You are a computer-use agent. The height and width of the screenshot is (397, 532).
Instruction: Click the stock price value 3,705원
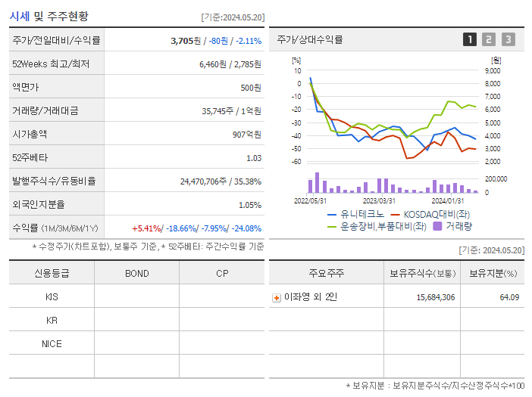coord(187,41)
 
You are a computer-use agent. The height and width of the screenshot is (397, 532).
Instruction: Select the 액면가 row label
coord(26,88)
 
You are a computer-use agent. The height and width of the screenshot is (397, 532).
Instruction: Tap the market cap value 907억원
coord(247,135)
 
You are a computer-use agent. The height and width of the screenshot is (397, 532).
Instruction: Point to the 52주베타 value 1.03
coord(253,158)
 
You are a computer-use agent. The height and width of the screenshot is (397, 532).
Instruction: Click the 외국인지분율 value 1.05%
coord(249,205)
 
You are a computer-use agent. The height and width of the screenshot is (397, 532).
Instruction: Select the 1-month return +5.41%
coord(147,228)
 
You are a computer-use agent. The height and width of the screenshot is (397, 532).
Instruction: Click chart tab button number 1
coord(470,40)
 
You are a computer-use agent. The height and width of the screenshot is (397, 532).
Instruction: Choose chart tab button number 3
coord(508,40)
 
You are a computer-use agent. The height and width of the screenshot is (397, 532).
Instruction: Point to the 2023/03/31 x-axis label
coord(379,201)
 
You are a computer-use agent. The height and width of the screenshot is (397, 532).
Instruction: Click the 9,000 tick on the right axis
coord(492,70)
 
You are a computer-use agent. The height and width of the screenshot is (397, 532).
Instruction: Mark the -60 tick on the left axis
coord(297,162)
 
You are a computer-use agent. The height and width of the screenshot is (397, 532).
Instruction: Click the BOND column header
coord(136,274)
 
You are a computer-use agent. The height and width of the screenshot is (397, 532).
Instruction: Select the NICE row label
coord(52,344)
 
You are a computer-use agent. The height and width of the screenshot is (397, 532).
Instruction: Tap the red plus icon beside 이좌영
coord(277,298)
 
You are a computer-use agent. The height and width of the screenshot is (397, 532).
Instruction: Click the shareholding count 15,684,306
coord(435,298)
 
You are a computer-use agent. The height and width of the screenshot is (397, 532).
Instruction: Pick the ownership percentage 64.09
coord(509,298)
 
